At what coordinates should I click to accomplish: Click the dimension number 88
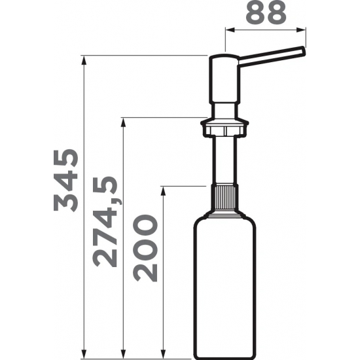coord(266,12)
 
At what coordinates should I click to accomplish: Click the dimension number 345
coord(66,180)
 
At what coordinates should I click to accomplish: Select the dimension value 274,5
coord(105,221)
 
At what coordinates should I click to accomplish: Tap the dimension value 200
coord(145,248)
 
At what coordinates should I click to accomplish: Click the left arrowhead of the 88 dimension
coord(230,30)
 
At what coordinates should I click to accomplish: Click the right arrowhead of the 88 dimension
coord(301,30)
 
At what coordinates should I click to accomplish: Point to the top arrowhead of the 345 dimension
coord(84,60)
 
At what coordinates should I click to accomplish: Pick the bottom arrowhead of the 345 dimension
coord(84,353)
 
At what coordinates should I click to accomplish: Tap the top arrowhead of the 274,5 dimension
coord(124,122)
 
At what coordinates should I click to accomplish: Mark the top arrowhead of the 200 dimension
coord(163,191)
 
